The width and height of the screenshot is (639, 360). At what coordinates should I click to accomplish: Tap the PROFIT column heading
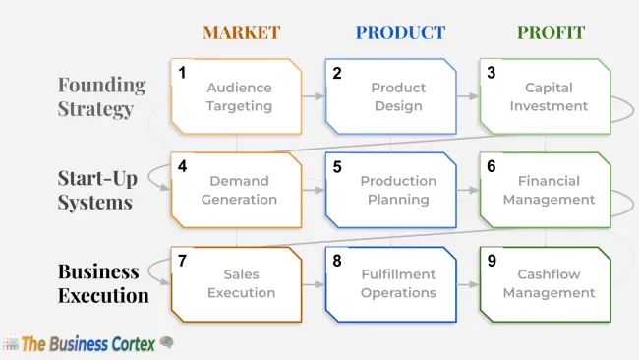551,32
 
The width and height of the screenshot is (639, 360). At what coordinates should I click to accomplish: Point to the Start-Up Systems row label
94,190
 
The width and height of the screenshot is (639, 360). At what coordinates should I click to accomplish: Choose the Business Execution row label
103,283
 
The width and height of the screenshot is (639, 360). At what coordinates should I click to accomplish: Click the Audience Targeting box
236,96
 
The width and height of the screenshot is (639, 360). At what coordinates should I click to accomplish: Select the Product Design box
391,96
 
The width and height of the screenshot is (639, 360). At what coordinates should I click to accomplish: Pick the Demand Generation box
236,190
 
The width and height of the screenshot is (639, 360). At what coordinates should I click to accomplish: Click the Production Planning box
391,190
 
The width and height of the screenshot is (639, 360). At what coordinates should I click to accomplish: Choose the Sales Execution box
236,283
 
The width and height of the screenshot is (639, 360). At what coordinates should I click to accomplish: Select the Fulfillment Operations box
391,283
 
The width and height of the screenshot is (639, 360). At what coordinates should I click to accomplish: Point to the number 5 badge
337,167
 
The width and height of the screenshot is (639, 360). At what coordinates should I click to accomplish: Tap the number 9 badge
492,262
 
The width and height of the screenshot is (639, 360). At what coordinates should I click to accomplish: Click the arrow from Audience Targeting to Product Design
314,96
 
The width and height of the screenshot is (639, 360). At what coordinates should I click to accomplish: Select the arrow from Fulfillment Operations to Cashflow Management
468,284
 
